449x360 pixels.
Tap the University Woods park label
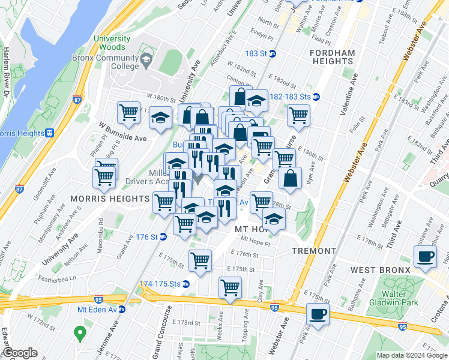pos(109,43)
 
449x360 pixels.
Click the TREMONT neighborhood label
pos(313,250)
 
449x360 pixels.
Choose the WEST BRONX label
pos(381,271)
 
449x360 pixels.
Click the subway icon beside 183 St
pos(272,53)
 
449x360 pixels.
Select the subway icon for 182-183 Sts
pos(316,97)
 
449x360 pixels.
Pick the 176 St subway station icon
pos(162,237)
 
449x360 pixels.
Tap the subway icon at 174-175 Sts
pos(186,284)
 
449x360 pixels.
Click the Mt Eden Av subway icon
pos(122,310)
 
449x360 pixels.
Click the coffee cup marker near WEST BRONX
pos(426,257)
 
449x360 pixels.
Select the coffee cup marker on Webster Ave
pos(318,313)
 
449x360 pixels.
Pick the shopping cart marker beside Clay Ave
pos(230,287)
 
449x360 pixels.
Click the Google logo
pos(20,353)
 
